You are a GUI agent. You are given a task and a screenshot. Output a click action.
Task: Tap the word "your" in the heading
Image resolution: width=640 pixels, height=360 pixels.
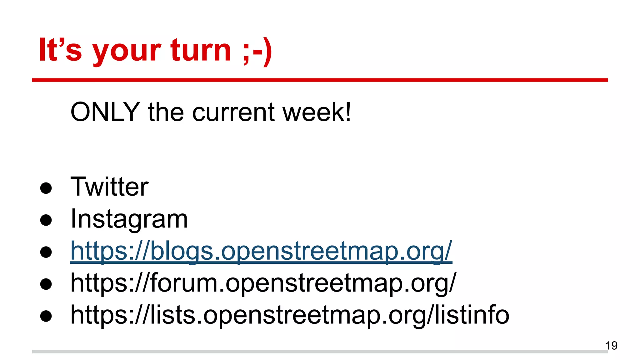127,52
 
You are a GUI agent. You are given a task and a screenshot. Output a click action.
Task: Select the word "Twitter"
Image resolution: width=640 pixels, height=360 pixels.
109,187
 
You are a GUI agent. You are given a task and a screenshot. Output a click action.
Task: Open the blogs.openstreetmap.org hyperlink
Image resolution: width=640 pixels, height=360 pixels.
261,251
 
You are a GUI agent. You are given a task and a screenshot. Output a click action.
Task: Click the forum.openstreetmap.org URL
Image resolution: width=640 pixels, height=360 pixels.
263,283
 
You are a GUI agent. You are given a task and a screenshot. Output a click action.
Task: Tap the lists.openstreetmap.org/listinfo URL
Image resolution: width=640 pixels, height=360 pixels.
290,315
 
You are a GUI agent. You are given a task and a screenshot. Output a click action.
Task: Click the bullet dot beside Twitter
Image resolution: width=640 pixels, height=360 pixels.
46,188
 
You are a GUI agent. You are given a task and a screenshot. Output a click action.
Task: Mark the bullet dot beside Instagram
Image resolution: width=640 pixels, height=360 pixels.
46,220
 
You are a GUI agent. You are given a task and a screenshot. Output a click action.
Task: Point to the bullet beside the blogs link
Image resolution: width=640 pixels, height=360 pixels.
46,252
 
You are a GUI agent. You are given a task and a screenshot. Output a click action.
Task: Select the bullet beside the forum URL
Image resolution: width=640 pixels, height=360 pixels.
46,284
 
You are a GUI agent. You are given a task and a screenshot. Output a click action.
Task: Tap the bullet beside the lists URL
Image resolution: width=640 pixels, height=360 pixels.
46,316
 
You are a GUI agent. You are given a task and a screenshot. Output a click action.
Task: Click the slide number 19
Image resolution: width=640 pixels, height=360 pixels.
611,346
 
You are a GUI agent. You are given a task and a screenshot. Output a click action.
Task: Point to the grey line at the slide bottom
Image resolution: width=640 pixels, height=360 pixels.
312,352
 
